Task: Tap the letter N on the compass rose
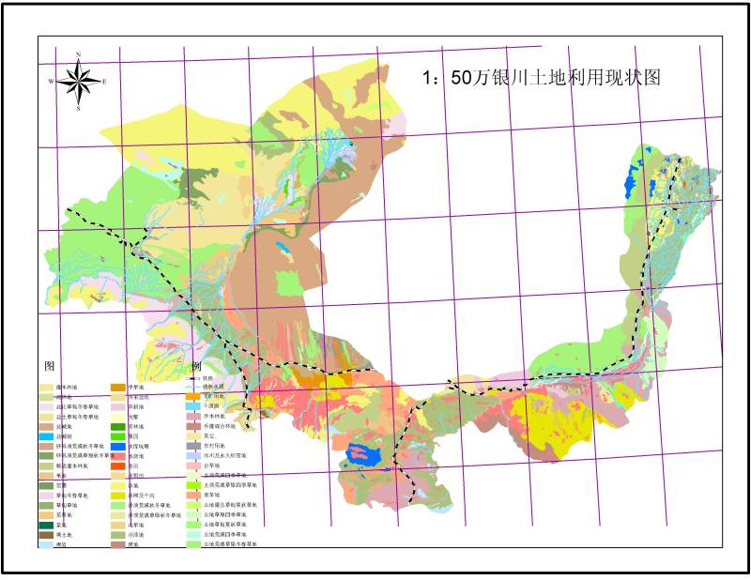click(78, 53)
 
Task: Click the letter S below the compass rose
click(78, 109)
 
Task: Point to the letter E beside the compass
click(104, 82)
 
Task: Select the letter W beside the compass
click(51, 82)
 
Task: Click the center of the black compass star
click(78, 81)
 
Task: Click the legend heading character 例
click(196, 365)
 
